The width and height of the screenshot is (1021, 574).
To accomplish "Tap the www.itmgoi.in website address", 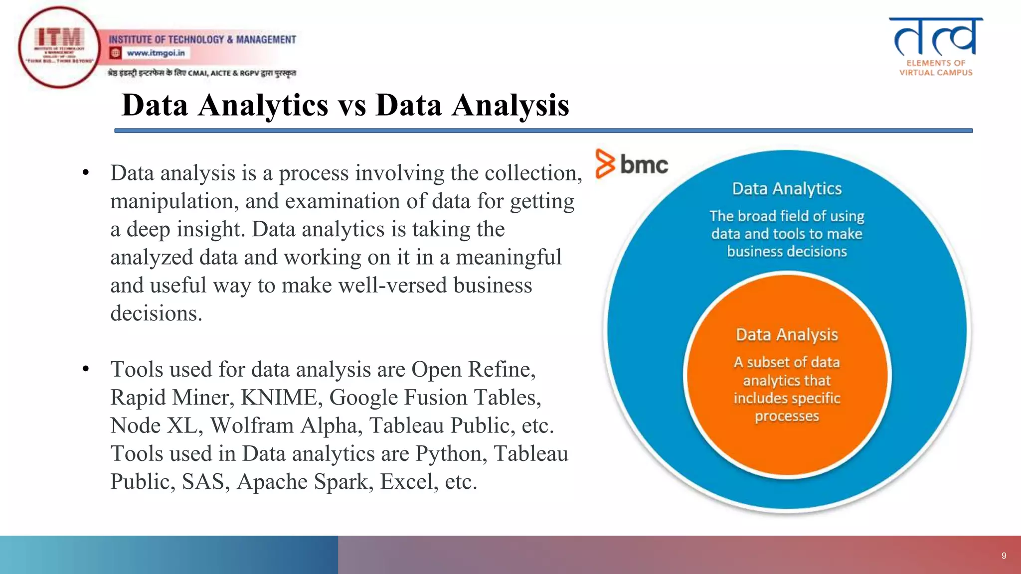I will click(x=155, y=53).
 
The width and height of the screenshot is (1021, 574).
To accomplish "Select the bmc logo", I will click(x=632, y=163).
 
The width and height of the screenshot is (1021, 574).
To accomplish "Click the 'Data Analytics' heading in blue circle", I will click(x=787, y=189).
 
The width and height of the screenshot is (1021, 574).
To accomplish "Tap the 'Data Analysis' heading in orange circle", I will click(x=787, y=335).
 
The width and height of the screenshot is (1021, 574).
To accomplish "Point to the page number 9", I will click(x=1004, y=556).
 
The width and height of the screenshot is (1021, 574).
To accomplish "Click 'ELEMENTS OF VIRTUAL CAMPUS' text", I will click(x=936, y=68).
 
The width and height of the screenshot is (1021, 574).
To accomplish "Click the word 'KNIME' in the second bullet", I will click(x=279, y=398).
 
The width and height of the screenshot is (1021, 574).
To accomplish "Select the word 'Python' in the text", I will click(x=451, y=454).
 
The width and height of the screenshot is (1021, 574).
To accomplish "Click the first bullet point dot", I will click(x=86, y=173).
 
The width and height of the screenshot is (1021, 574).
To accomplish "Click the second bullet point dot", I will click(x=86, y=369).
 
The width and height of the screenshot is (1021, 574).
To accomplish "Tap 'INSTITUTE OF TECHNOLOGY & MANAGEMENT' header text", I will click(x=202, y=39).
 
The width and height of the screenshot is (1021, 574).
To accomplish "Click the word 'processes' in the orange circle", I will click(x=787, y=416).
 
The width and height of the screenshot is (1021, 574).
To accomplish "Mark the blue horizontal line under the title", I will click(x=543, y=131).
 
